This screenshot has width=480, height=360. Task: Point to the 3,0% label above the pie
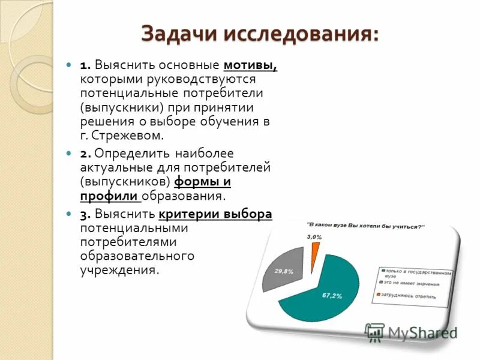[314, 237]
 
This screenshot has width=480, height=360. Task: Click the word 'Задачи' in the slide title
[180, 34]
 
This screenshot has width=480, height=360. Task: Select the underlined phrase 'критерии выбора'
[215, 215]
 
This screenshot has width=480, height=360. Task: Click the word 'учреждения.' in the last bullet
[120, 270]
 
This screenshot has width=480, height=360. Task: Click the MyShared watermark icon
[374, 332]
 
